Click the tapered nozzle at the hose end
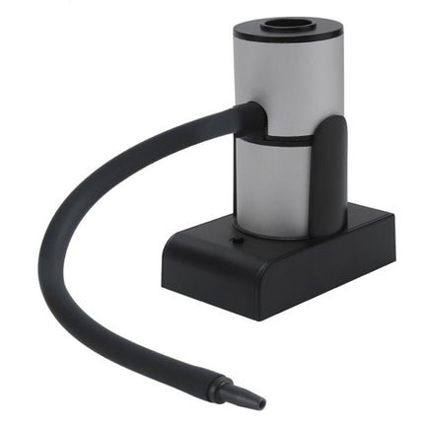point(244,392)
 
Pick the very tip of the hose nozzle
point(263,402)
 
